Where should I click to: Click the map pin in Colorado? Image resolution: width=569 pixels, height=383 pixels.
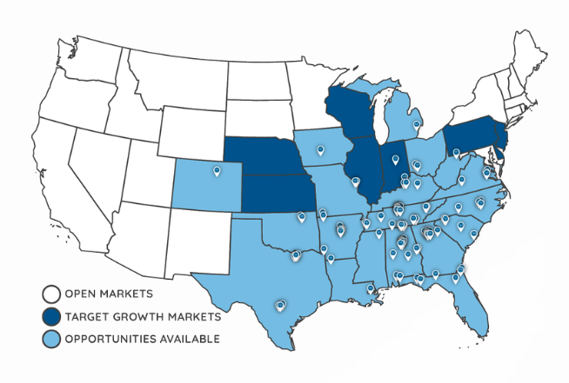[214, 170]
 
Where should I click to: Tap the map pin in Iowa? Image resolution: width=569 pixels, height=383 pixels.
[321, 151]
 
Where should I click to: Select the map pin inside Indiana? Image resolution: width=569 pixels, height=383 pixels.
[394, 159]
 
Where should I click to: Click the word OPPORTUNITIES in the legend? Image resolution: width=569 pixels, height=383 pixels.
[106, 339]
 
